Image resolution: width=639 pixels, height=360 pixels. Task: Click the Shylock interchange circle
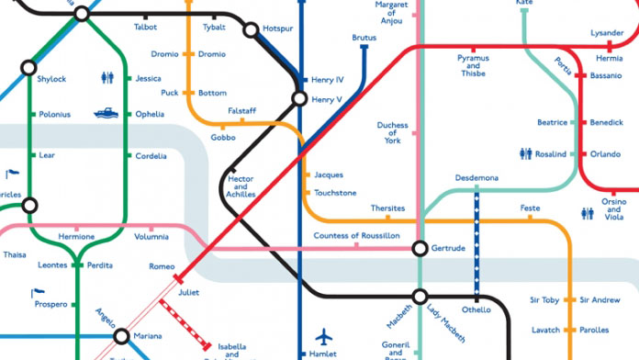[28, 67]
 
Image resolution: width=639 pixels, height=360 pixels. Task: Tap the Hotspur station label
[277, 29]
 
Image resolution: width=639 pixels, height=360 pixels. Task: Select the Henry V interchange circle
[299, 98]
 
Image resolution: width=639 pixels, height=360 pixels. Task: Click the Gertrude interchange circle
[420, 248]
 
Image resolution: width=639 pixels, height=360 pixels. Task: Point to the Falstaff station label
[241, 110]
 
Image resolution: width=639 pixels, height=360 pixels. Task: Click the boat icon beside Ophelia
[106, 114]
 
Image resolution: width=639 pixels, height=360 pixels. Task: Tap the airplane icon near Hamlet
[322, 336]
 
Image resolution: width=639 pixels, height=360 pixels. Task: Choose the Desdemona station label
[476, 177]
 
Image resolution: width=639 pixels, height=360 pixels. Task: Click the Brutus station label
[364, 38]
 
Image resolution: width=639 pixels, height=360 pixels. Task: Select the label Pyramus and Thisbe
[474, 65]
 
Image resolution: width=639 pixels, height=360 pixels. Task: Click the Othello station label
[476, 309]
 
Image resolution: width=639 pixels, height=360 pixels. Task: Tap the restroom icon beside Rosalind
[526, 154]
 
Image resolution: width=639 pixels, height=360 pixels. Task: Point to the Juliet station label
[188, 292]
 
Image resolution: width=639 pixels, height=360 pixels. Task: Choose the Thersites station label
[387, 208]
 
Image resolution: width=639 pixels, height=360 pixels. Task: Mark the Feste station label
[530, 208]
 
